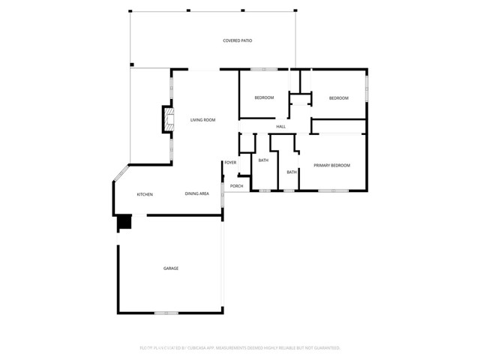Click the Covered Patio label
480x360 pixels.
pos(237,40)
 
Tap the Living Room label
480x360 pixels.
pos(202,120)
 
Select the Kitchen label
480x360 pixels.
pos(145,194)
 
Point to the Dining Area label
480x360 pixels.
pos(196,194)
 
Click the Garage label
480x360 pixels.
pos(171,268)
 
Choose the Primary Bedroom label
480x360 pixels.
pos(331,165)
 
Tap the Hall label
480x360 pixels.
pos(281,126)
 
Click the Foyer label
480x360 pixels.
pos(230,163)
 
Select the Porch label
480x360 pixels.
pos(236,186)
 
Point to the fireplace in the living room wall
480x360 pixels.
pos(168,120)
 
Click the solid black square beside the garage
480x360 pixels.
pos(124,223)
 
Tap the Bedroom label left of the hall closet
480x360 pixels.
pos(264,97)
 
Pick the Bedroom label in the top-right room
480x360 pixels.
pos(339,98)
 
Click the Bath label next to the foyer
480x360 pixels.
pos(263,160)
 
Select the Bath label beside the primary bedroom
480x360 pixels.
pos(292,172)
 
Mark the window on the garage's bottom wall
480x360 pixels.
pos(166,313)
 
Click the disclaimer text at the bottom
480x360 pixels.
pos(239,348)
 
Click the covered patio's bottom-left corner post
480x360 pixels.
pos(132,64)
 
